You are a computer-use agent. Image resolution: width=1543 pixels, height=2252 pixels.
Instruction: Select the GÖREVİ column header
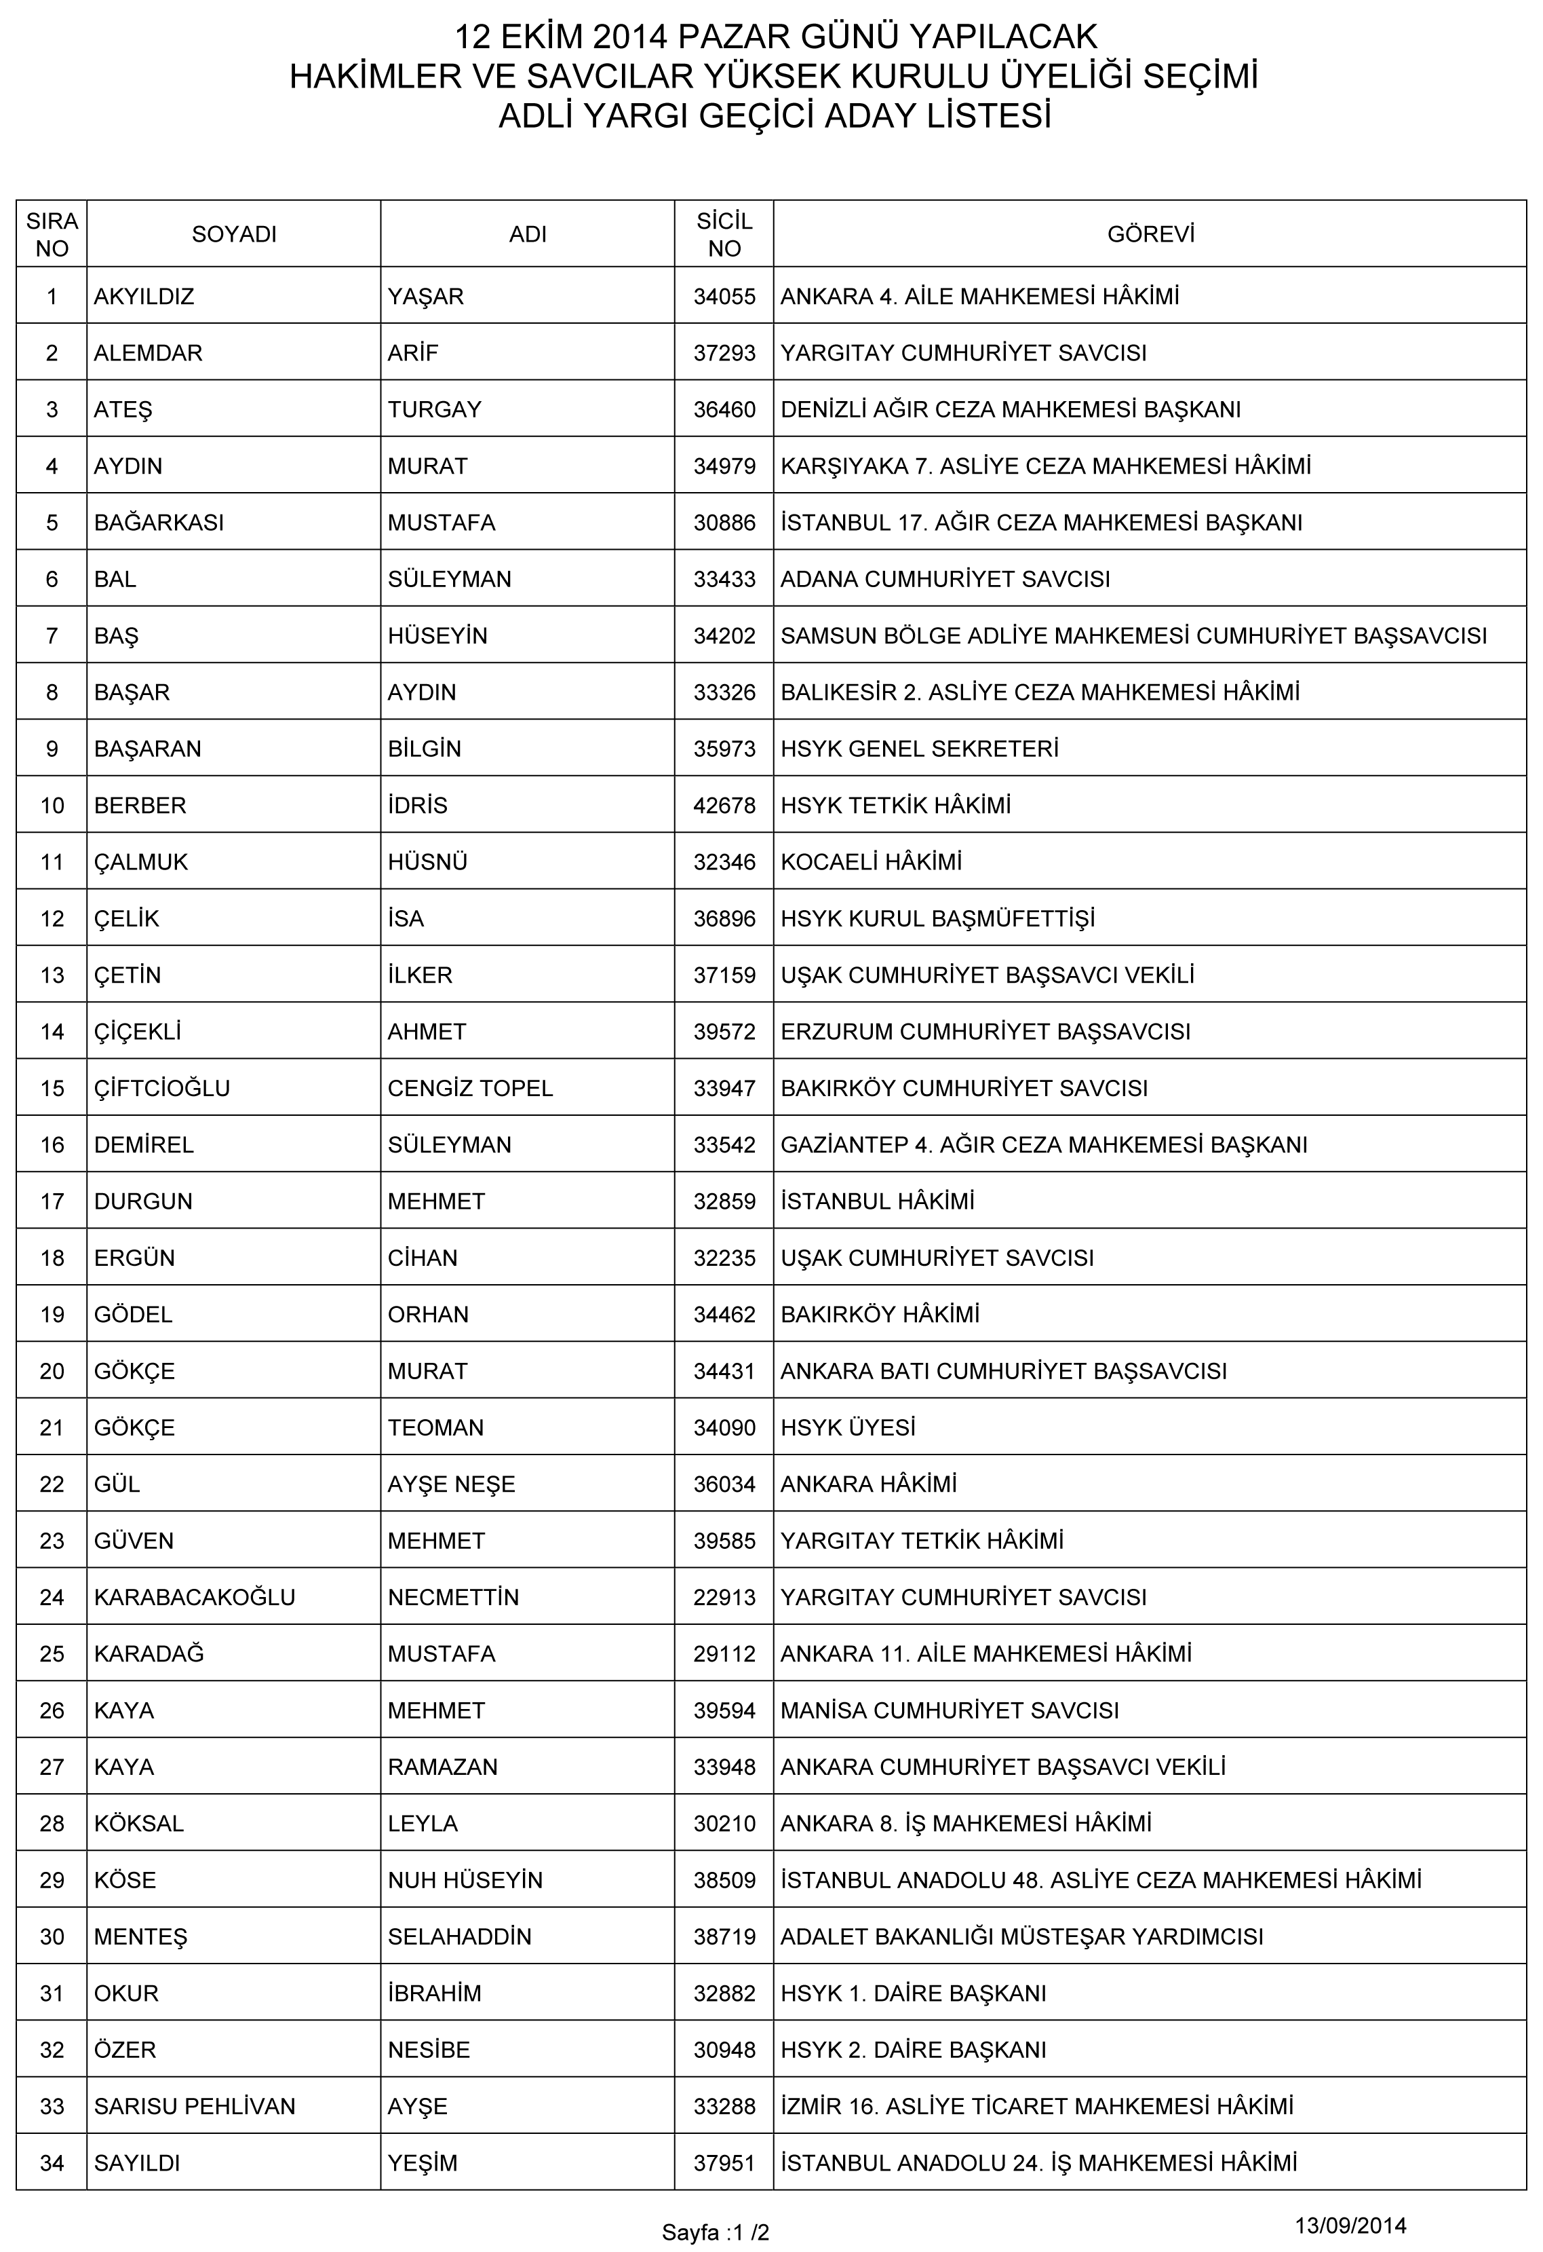point(1150,233)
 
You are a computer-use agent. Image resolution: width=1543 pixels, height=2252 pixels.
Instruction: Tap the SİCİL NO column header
point(724,233)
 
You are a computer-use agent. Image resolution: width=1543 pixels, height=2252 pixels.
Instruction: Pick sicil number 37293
point(724,353)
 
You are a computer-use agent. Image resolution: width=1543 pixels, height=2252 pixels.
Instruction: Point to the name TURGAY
point(434,409)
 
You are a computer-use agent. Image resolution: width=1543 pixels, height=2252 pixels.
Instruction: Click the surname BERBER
point(140,805)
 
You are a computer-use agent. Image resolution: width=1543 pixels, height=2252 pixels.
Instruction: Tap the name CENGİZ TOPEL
point(470,1088)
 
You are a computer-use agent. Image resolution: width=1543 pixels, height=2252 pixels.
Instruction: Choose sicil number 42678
point(724,805)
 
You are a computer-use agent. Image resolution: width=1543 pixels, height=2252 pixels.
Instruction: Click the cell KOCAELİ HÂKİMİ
point(871,861)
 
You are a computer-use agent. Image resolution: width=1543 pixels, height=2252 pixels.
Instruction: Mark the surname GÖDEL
point(133,1314)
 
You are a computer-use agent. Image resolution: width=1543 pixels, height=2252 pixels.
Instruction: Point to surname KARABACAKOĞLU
point(194,1597)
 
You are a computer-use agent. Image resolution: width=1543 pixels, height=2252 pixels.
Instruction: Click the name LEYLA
point(423,1824)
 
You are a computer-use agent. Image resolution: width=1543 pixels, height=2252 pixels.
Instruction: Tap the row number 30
point(52,1937)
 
